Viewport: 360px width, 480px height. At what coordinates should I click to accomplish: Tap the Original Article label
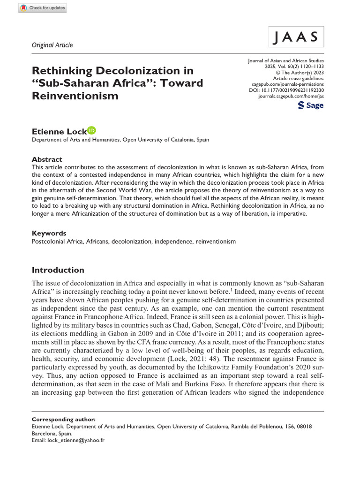pos(52,45)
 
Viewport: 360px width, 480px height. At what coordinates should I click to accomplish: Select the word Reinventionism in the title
pos(75,96)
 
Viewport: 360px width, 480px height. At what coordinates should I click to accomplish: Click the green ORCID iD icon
pos(91,117)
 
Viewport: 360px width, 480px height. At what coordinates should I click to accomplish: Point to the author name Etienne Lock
pos(59,118)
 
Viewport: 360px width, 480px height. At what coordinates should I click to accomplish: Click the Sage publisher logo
pos(311,105)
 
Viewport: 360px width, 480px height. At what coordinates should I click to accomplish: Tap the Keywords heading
pos(49,233)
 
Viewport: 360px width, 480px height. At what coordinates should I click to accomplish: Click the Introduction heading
pos(58,270)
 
